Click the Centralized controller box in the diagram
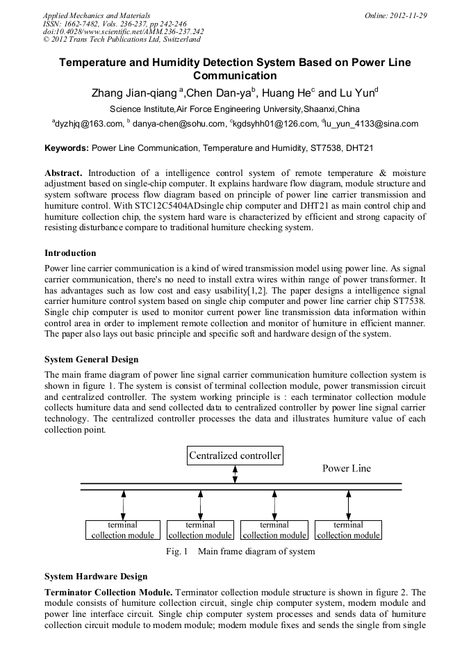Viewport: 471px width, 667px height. coord(235,456)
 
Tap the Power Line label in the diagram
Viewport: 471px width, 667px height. coord(346,468)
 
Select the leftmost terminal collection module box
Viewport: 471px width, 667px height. coord(123,530)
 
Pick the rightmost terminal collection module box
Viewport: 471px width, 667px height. coord(348,530)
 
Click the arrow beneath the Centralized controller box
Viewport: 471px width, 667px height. coord(235,474)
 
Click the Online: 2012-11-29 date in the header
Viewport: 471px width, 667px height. coord(395,15)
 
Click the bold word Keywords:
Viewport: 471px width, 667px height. coord(67,148)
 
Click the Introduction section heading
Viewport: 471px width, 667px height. coord(70,252)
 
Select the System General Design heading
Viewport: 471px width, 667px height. coord(91,360)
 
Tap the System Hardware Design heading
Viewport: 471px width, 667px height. coord(96,577)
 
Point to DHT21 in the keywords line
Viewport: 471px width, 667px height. coord(361,148)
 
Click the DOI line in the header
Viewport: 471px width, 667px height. coord(123,31)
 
